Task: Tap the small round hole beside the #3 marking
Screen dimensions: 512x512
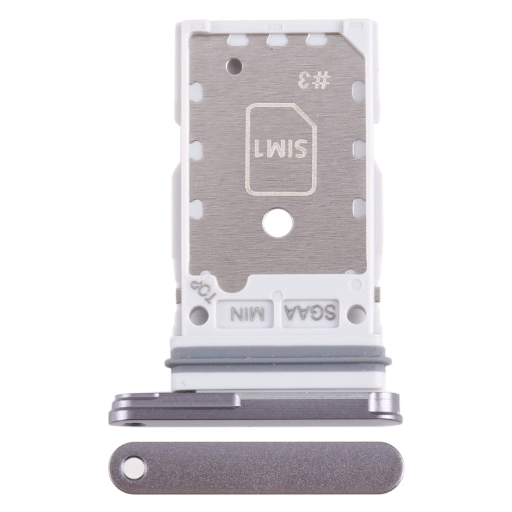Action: point(235,66)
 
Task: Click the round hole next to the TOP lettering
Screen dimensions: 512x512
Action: point(199,314)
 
